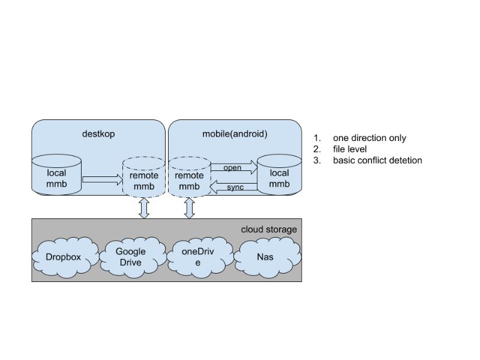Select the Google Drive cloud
[x=131, y=257]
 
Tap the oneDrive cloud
[x=198, y=257]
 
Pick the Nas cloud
[x=265, y=257]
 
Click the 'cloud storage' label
[x=269, y=230]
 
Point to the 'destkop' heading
[x=98, y=134]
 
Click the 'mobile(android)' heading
[x=235, y=134]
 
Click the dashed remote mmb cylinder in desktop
[x=144, y=177]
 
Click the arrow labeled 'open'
[x=233, y=170]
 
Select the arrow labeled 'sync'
[x=233, y=188]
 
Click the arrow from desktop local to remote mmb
[x=102, y=179]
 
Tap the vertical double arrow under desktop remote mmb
[x=144, y=208]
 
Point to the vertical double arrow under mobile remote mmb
[x=190, y=208]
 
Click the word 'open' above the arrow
[x=232, y=167]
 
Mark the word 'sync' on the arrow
[x=235, y=188]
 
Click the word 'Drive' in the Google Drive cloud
[x=131, y=262]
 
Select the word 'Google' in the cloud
[x=131, y=251]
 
